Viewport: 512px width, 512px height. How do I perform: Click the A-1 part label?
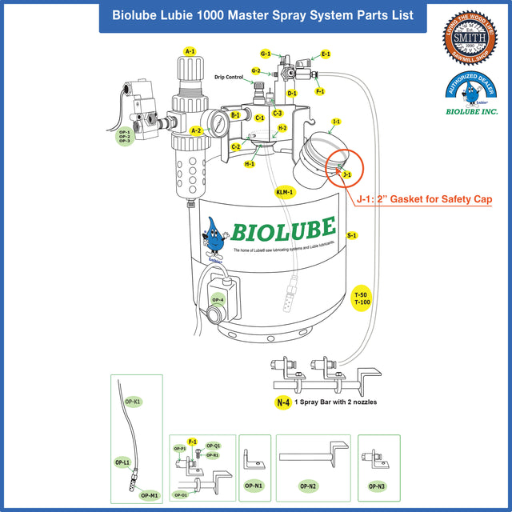tap(190, 51)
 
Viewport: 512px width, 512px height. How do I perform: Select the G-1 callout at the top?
tap(266, 54)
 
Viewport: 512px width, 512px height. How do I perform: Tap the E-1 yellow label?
tap(326, 54)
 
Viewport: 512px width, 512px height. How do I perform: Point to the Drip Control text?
tap(229, 77)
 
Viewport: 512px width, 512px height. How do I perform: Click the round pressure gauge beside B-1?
tap(215, 122)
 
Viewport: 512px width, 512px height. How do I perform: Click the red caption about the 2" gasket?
tap(424, 199)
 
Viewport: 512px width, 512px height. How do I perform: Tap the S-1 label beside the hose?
tap(352, 235)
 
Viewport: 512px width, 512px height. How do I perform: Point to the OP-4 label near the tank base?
tap(218, 300)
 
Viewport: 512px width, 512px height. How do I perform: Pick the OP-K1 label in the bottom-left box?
tap(134, 400)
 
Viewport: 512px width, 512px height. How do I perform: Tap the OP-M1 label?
tap(149, 495)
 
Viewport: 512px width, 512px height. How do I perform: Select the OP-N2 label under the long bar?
tap(308, 485)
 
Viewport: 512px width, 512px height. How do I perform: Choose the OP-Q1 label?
tap(214, 446)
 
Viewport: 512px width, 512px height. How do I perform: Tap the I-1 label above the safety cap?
tap(337, 122)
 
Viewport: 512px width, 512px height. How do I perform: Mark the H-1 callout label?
tap(250, 164)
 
